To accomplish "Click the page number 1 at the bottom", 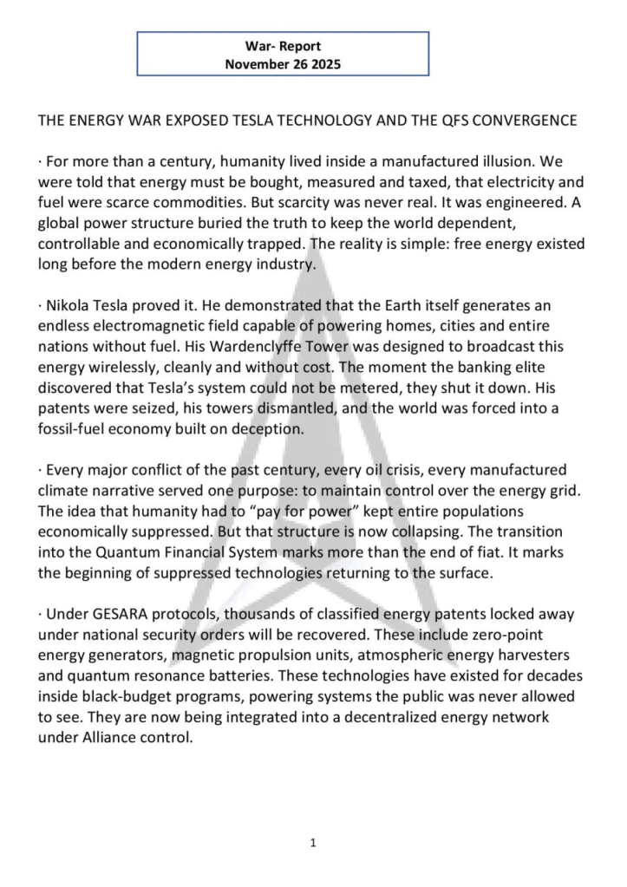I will pos(313,842).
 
